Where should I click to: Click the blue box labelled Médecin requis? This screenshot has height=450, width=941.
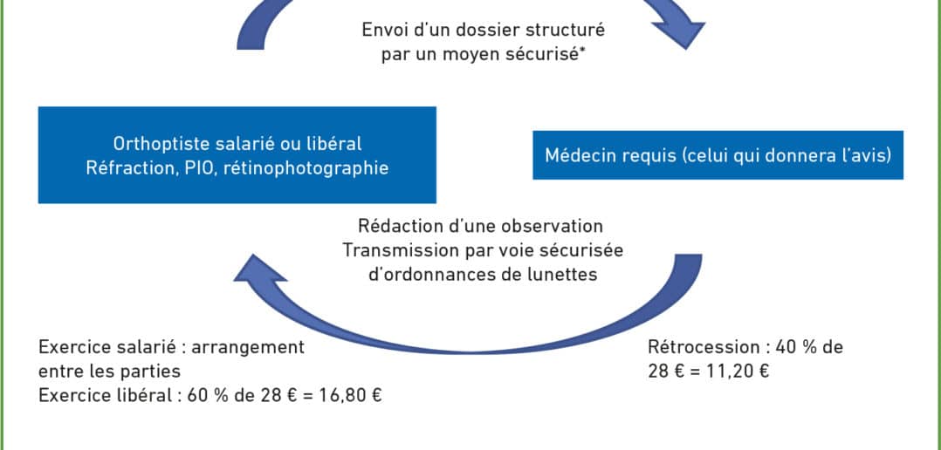pos(718,155)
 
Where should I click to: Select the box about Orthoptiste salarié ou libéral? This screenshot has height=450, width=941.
pos(237,155)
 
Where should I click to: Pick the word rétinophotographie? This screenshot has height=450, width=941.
pos(306,168)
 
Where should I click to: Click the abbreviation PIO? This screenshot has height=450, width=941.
pos(199,167)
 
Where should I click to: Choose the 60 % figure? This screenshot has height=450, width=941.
pos(204,396)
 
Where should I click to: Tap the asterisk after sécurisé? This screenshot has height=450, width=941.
pos(583,51)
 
